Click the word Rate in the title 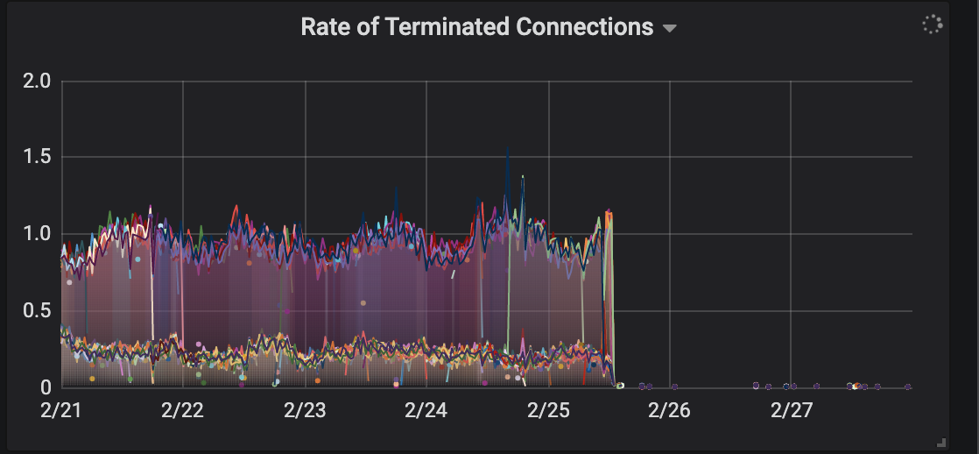pyautogui.click(x=324, y=27)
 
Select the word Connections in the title pyautogui.click(x=585, y=27)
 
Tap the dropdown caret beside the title pyautogui.click(x=670, y=29)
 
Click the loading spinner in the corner pyautogui.click(x=933, y=25)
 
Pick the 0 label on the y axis pyautogui.click(x=46, y=387)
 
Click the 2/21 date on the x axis pyautogui.click(x=60, y=410)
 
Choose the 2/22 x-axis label pyautogui.click(x=182, y=410)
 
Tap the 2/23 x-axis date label pyautogui.click(x=304, y=410)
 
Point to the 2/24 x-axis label pyautogui.click(x=426, y=410)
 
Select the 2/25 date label pyautogui.click(x=547, y=410)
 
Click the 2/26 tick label pyautogui.click(x=669, y=410)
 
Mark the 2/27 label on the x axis pyautogui.click(x=791, y=410)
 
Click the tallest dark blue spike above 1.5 pyautogui.click(x=508, y=147)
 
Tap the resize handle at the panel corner pyautogui.click(x=941, y=443)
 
